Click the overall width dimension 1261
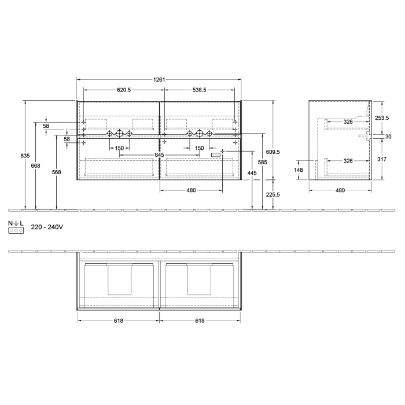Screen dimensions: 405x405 (159, 80)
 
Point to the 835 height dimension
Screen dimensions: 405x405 (25, 156)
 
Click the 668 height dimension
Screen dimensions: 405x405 (36, 166)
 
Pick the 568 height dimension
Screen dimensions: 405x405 (56, 172)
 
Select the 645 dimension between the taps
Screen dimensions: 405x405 (160, 155)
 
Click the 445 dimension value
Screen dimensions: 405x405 (252, 173)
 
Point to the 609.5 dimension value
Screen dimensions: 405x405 (273, 152)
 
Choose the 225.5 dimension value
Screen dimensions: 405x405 (273, 195)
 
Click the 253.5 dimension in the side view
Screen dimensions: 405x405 (382, 117)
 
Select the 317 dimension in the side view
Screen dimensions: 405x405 (382, 159)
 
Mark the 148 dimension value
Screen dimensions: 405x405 (299, 170)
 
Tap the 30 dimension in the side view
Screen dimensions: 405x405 (388, 137)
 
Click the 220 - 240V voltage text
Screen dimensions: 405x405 (47, 227)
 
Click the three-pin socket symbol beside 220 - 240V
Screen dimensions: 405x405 (15, 230)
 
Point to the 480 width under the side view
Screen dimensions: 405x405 (340, 190)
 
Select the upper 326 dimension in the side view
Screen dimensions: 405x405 (348, 122)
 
